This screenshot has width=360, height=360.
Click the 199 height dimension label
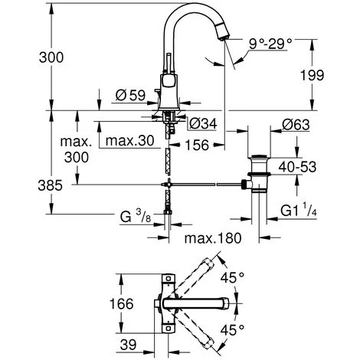tap(312, 75)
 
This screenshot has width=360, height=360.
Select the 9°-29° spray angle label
tap(270, 44)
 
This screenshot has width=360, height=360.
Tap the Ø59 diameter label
tap(130, 95)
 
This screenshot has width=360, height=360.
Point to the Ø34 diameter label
tap(203, 124)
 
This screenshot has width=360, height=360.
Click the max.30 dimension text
tap(130, 140)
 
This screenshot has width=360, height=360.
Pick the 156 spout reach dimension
tap(197, 145)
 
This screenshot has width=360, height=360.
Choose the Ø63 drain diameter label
tap(296, 125)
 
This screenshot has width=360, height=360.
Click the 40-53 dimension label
tap(297, 167)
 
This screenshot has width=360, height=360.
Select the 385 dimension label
tap(51, 185)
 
